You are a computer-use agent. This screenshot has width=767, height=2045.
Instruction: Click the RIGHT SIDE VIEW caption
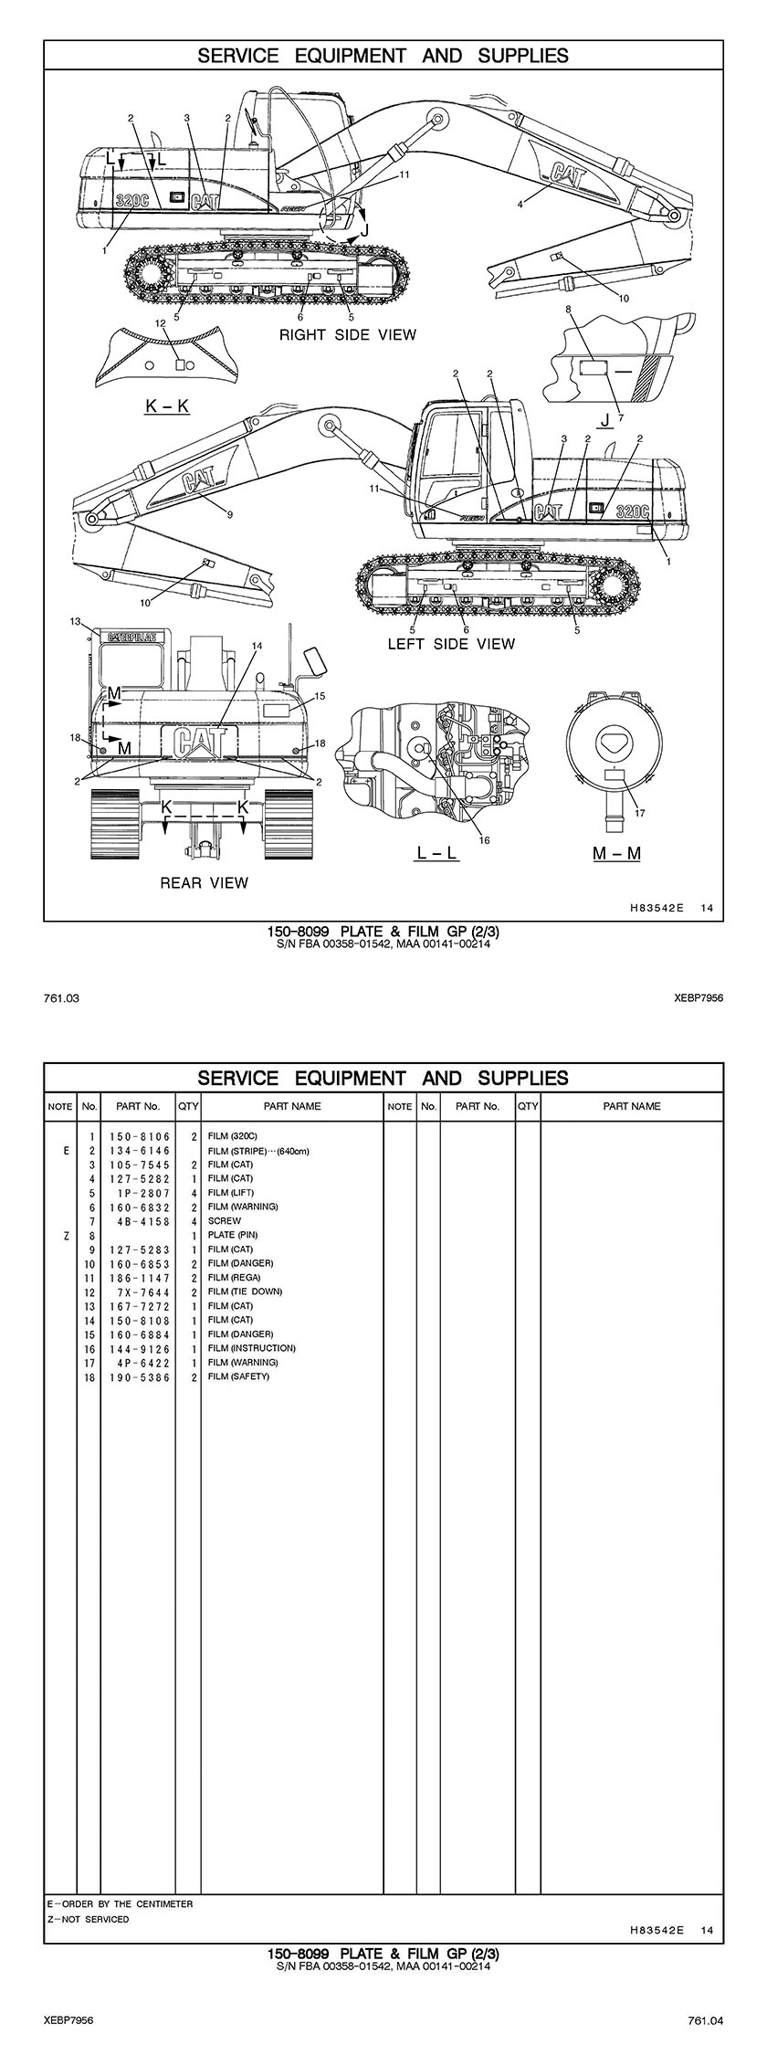347,335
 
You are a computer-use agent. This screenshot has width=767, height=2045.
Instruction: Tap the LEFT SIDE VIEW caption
451,644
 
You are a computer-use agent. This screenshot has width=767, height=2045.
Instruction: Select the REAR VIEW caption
204,882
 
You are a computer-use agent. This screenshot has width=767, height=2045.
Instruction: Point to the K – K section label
167,406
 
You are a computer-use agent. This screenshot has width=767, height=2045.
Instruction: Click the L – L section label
436,853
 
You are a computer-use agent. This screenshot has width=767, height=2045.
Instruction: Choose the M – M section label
616,853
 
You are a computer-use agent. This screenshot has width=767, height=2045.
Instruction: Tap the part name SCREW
225,1220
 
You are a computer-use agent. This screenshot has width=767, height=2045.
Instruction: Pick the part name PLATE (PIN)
233,1235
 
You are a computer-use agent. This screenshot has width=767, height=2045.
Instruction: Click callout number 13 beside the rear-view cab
76,622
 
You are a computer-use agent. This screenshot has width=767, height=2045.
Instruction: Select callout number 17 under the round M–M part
639,813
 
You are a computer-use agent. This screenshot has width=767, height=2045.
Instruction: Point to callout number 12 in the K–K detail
161,322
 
